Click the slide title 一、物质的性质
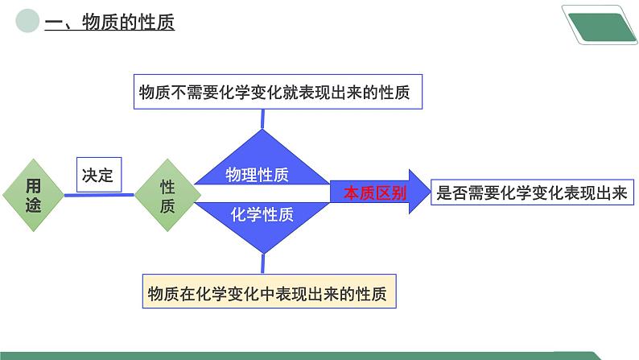coord(109,22)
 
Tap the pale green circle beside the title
coord(27,21)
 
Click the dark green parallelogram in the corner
coord(602,27)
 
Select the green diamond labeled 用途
coord(34,195)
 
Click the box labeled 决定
coord(99,175)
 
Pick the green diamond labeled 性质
coord(167,195)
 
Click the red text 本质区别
coord(375,192)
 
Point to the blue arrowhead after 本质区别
coord(419,192)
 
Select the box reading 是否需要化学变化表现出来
coord(532,192)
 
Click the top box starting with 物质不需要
coord(278,92)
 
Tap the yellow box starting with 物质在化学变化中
coord(269,291)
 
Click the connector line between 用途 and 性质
coord(99,195)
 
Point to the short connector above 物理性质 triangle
coord(262,119)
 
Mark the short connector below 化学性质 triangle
coord(263,264)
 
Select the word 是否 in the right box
coord(452,192)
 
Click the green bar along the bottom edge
coord(302,355)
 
